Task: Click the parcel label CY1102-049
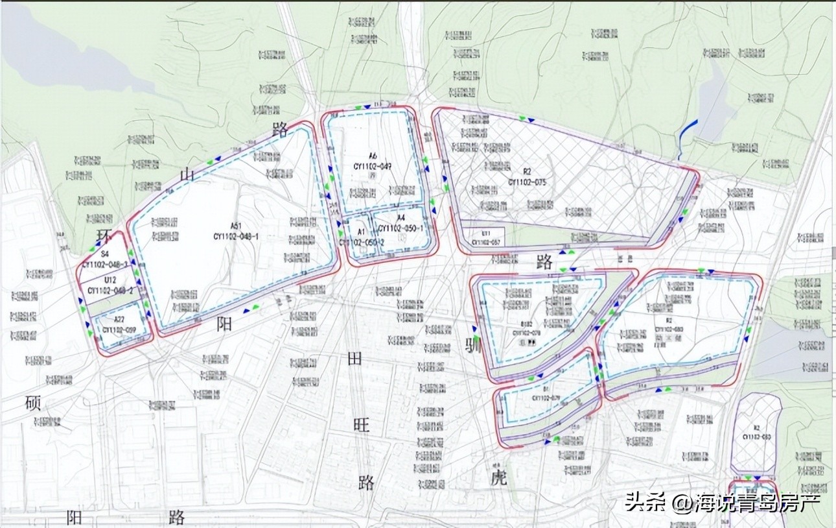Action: click(x=373, y=165)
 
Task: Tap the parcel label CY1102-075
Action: click(x=527, y=182)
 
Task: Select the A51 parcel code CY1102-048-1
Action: click(x=237, y=236)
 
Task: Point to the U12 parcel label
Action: click(x=110, y=280)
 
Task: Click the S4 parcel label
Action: click(x=104, y=255)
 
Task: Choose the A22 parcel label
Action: click(x=119, y=319)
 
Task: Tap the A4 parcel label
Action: click(x=401, y=218)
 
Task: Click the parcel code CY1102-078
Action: click(x=527, y=333)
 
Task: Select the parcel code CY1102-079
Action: click(x=546, y=398)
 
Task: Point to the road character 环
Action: click(x=102, y=235)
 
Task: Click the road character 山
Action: click(x=187, y=174)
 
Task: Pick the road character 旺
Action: click(x=361, y=425)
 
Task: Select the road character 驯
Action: click(x=474, y=344)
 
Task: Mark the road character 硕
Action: click(x=32, y=403)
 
